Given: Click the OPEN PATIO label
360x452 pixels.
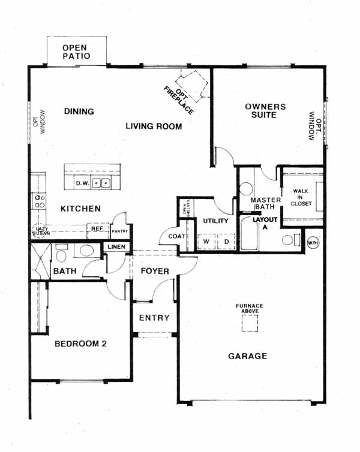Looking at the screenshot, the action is pyautogui.click(x=76, y=52).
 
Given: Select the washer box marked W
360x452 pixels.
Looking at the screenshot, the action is pyautogui.click(x=206, y=241).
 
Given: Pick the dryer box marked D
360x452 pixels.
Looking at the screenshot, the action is pyautogui.click(x=226, y=241).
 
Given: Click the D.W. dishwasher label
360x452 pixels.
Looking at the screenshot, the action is pyautogui.click(x=82, y=183).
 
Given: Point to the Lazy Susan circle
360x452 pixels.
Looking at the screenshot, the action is pyautogui.click(x=40, y=231).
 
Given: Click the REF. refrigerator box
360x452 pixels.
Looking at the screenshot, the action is pyautogui.click(x=98, y=230).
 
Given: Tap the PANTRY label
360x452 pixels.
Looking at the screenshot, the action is pyautogui.click(x=120, y=231).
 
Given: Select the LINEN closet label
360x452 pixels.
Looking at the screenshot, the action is pyautogui.click(x=116, y=247).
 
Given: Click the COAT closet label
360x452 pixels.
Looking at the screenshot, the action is pyautogui.click(x=176, y=236).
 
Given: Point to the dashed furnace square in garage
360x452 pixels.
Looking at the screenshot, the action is pyautogui.click(x=250, y=323).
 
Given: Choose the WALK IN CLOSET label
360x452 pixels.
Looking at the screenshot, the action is pyautogui.click(x=301, y=197).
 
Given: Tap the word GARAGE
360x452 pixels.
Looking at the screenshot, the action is pyautogui.click(x=247, y=356).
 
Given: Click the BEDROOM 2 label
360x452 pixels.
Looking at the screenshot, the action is pyautogui.click(x=80, y=343).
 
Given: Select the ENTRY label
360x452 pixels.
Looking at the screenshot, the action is pyautogui.click(x=154, y=318).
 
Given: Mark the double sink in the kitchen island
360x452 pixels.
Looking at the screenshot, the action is pyautogui.click(x=101, y=183).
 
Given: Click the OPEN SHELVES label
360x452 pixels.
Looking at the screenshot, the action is pyautogui.click(x=187, y=207).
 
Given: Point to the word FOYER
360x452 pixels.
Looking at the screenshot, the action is pyautogui.click(x=155, y=271).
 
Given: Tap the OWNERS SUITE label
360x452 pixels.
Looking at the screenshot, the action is pyautogui.click(x=265, y=111).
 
